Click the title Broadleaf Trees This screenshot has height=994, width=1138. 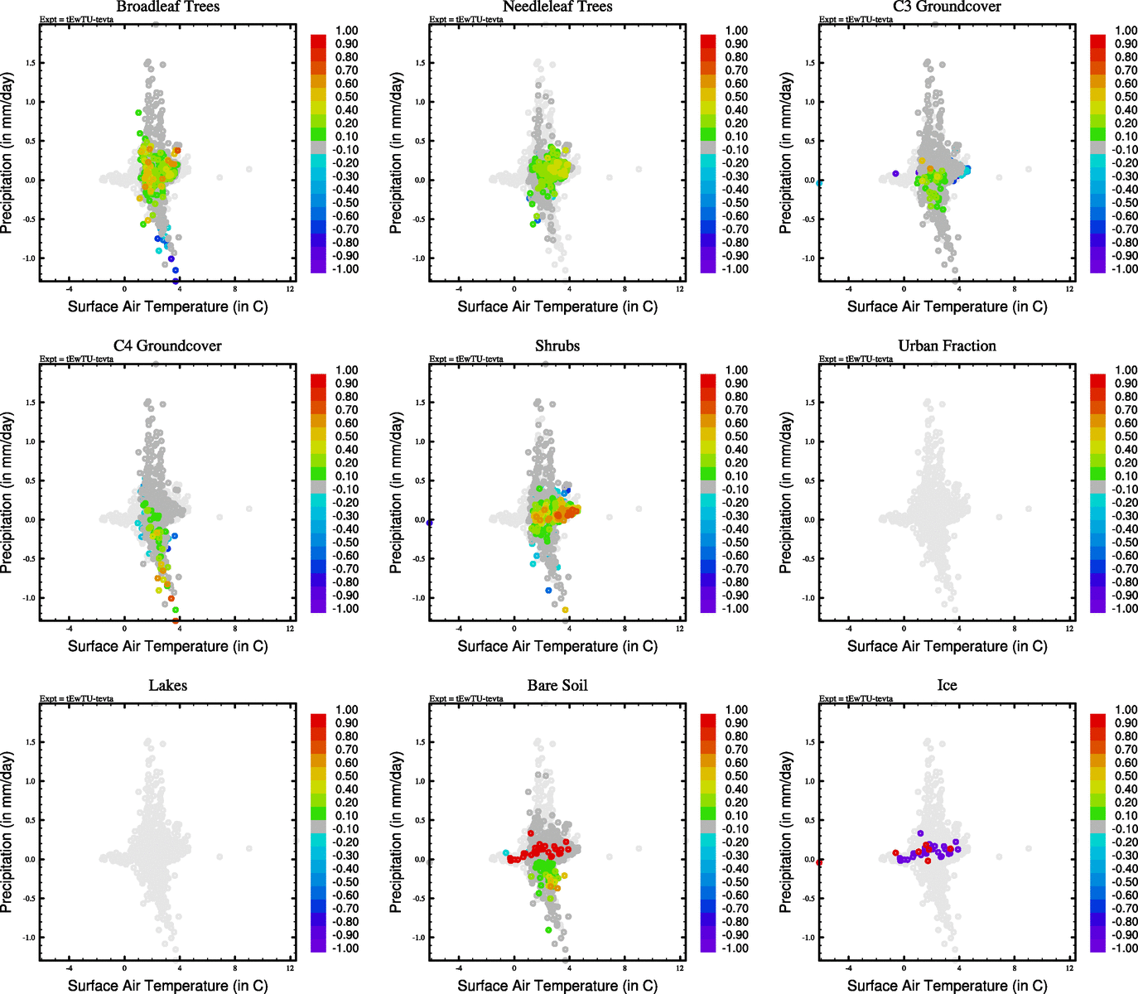click(167, 7)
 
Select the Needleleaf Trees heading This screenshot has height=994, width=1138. click(557, 7)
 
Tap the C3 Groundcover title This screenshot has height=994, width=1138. click(947, 7)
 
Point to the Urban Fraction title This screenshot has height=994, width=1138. click(947, 346)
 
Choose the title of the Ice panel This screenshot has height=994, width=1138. click(947, 686)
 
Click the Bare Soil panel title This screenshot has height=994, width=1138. click(557, 686)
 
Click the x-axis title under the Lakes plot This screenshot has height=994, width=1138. click(167, 986)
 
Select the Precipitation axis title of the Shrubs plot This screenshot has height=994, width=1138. click(396, 493)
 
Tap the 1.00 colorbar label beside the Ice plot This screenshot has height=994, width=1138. click(1126, 710)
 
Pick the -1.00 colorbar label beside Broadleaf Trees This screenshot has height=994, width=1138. click(345, 269)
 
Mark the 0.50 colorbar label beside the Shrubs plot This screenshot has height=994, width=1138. click(736, 437)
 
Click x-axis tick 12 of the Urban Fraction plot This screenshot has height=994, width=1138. click(1069, 629)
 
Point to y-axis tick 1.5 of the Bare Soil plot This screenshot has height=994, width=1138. click(420, 742)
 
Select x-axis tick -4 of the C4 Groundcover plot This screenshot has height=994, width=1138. click(70, 629)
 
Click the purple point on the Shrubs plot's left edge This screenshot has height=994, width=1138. click(430, 523)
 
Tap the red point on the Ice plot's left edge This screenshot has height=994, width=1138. click(820, 862)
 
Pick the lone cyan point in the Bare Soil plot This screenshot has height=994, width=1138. click(506, 852)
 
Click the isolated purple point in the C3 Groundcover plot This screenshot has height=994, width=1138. click(896, 173)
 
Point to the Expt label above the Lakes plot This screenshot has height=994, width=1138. click(76, 699)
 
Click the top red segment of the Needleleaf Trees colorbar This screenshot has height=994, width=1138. click(708, 41)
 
